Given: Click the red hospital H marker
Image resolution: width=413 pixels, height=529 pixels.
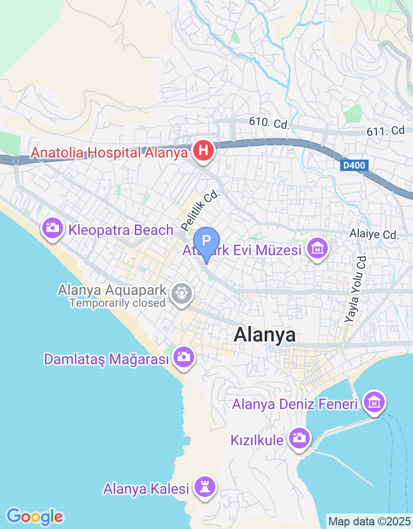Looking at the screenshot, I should click(x=203, y=151).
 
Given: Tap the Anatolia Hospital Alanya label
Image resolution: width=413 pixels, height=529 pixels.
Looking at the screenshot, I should click(x=108, y=153).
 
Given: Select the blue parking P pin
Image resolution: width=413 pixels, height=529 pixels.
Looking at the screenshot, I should click(x=206, y=241).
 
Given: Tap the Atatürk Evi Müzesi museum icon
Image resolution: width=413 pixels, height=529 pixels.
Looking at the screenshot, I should click(x=317, y=249).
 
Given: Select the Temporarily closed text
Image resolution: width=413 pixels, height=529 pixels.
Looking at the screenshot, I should click(x=117, y=303).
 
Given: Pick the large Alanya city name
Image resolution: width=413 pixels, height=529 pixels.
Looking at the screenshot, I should click(x=265, y=335).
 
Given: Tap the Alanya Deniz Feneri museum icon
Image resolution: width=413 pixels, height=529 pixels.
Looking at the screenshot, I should click(x=375, y=401).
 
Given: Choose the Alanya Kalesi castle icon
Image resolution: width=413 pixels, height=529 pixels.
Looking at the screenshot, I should click(x=205, y=486).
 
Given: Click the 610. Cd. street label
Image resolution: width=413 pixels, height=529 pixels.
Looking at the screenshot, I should click(x=268, y=123).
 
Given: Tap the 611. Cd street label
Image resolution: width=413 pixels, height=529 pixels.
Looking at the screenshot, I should click(x=386, y=131).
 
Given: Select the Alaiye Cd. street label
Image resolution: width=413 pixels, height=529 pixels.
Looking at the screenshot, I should click(x=375, y=235).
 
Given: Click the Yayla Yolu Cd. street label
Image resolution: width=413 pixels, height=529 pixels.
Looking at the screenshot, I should click(x=357, y=287).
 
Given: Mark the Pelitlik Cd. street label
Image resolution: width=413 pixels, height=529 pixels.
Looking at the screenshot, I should click(x=201, y=211).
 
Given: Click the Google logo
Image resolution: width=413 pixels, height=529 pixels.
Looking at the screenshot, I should click(x=35, y=516).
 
